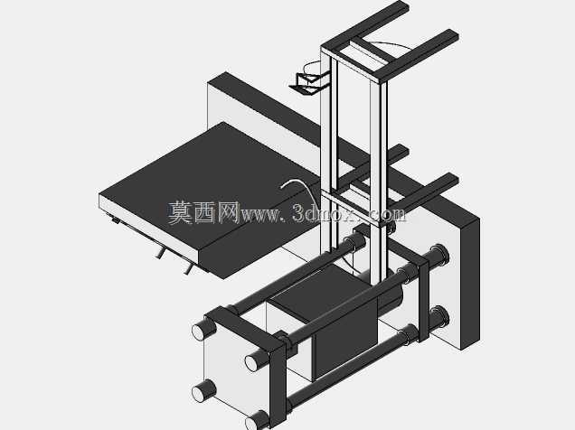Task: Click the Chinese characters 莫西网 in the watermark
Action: tap(203, 212)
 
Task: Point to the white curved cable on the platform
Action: tap(297, 188)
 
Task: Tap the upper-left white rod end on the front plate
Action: tap(200, 331)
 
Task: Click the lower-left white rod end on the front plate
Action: tap(200, 393)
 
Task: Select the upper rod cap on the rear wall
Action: tap(441, 254)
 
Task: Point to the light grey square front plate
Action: tap(235, 370)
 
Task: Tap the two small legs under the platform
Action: tap(174, 261)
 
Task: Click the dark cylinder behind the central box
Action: tap(391, 294)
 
